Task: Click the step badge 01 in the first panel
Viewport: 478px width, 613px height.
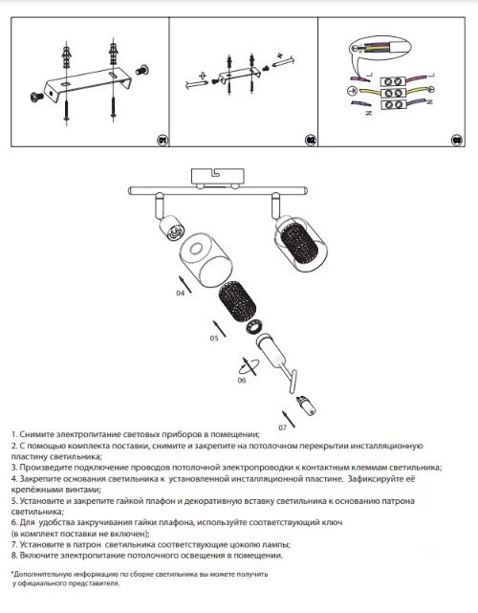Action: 163,141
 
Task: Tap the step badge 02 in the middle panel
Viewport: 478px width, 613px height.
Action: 311,141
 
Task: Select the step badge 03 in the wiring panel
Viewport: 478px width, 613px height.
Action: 457,141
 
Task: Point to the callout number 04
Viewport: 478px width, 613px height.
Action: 180,293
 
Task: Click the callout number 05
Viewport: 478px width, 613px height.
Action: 214,339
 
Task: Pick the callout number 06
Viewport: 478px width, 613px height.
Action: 242,380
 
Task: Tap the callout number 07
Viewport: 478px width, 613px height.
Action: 283,427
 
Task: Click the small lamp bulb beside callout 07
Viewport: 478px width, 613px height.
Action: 306,405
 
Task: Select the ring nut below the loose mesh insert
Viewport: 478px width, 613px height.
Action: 254,326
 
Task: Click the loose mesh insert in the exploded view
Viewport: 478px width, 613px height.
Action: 237,303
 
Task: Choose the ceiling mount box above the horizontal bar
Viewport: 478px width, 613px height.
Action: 217,176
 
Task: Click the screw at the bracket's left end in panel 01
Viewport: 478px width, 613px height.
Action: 37,97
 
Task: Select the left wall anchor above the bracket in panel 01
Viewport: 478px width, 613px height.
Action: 67,55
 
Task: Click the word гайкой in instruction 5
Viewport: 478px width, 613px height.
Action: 132,501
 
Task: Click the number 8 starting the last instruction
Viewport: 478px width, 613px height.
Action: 14,555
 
